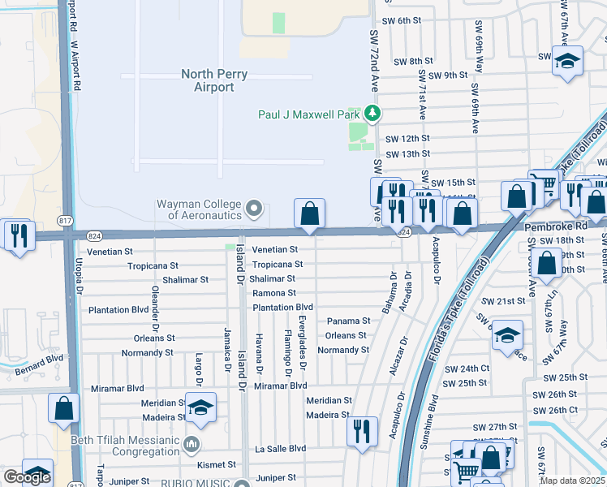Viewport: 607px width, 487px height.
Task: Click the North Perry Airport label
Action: click(213, 80)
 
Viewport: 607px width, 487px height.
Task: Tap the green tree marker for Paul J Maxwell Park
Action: click(372, 114)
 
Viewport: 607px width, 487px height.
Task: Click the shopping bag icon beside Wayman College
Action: click(309, 214)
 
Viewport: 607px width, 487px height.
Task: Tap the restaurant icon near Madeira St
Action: click(362, 430)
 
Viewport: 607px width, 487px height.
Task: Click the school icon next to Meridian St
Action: click(200, 408)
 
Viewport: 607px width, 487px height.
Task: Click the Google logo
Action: click(27, 477)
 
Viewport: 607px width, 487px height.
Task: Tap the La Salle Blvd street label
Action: click(280, 448)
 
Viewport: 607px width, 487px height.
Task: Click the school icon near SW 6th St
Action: click(567, 61)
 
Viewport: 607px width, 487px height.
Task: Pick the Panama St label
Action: click(348, 321)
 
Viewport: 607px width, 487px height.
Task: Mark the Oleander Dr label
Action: click(154, 302)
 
